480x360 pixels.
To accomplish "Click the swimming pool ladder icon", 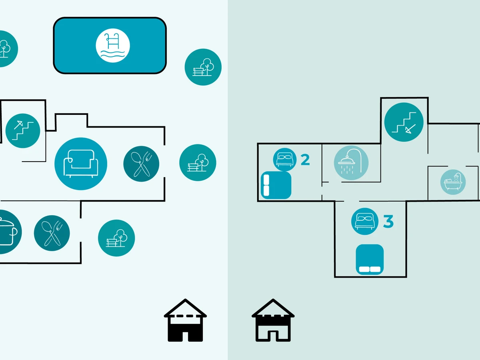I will point(113,46).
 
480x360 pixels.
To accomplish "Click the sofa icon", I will point(81,164).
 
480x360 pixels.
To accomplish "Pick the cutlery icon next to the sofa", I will point(141,164).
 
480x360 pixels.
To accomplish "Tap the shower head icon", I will point(351,162).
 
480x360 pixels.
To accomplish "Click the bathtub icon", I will point(453,182).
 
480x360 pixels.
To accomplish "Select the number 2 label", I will point(305,160).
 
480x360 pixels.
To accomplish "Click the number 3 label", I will point(388,222).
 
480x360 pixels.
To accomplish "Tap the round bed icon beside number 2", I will point(284,160).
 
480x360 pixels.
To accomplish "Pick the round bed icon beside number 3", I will point(364,221).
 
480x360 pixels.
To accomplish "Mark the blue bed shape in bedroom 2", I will point(276,185).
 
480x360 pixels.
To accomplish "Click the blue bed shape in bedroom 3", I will point(370,259).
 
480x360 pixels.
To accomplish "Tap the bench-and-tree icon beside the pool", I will point(203,67).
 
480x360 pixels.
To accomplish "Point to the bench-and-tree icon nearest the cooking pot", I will point(116,238).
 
